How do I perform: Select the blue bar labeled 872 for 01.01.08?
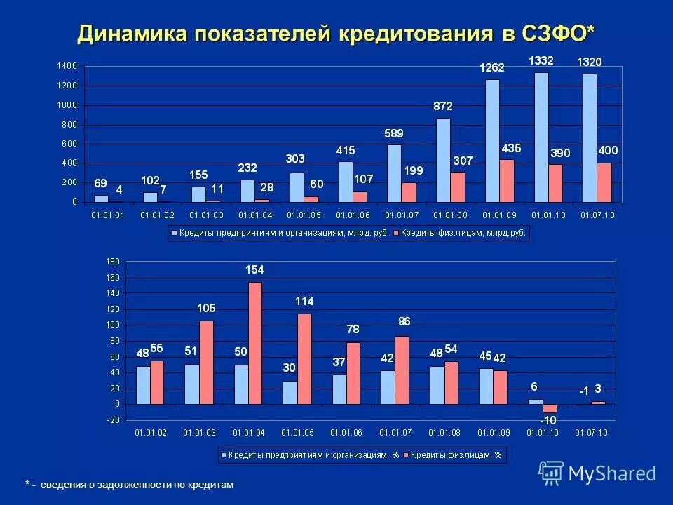[x=443, y=160]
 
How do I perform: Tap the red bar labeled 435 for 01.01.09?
[x=507, y=181]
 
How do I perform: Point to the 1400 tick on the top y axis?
[x=67, y=66]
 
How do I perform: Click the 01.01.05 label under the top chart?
[x=304, y=215]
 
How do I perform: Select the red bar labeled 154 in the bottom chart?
[x=254, y=342]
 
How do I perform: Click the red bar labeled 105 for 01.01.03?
[x=206, y=362]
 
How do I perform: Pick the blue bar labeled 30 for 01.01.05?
[x=290, y=393]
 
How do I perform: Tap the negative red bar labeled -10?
[x=549, y=408]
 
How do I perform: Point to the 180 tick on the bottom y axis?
[x=113, y=262]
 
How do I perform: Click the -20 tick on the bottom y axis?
[x=112, y=420]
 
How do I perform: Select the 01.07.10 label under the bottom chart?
[x=591, y=433]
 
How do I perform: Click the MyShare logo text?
[x=611, y=473]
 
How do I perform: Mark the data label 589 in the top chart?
[x=394, y=133]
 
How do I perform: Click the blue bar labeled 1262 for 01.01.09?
[x=492, y=140]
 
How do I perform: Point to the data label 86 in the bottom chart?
[x=405, y=321]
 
